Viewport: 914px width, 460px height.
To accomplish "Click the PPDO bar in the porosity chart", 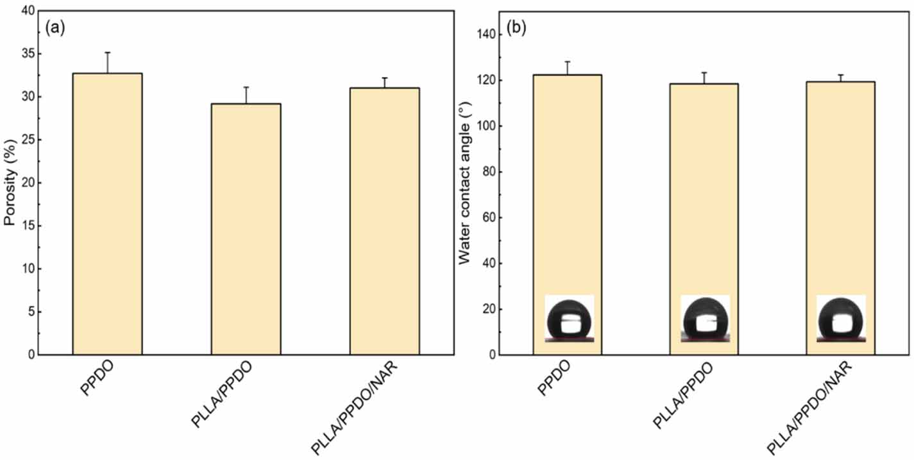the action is pyautogui.click(x=107, y=214).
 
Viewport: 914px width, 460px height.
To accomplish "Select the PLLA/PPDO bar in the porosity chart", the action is pyautogui.click(x=246, y=229).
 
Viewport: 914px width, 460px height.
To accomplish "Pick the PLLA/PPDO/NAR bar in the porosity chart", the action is pyautogui.click(x=384, y=221).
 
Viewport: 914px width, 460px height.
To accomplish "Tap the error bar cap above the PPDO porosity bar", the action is pyautogui.click(x=108, y=52).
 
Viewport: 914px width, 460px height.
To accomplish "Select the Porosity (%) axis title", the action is pyautogui.click(x=10, y=182).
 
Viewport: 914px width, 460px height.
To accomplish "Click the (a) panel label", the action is pyautogui.click(x=55, y=28).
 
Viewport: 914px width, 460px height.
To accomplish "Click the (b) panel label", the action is pyautogui.click(x=516, y=28).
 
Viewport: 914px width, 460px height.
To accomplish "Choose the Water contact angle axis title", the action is pyautogui.click(x=465, y=183).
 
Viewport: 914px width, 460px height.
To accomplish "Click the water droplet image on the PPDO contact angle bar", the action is pyautogui.click(x=569, y=319).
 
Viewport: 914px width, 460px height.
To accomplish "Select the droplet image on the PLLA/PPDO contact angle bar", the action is pyautogui.click(x=705, y=319).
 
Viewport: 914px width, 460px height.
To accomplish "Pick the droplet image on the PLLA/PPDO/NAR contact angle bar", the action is pyautogui.click(x=841, y=319).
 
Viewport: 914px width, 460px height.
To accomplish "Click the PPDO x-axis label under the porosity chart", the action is pyautogui.click(x=97, y=378).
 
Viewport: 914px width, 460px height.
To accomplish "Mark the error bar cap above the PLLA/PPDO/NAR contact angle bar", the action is pyautogui.click(x=841, y=74).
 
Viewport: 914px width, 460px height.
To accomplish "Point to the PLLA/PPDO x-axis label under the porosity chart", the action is pyautogui.click(x=221, y=395).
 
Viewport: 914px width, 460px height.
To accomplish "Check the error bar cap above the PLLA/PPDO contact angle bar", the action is pyautogui.click(x=704, y=72).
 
